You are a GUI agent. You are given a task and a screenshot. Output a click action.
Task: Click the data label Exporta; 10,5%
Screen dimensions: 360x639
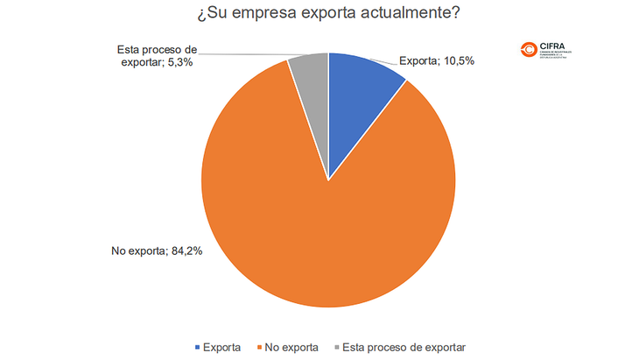point(437,61)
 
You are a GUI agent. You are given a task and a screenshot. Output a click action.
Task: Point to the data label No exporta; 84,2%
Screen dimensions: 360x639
point(157,251)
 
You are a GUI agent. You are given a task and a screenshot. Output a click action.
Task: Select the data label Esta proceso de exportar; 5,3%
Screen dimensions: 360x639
point(158,57)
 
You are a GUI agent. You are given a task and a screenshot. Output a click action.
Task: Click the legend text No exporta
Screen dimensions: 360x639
point(291,347)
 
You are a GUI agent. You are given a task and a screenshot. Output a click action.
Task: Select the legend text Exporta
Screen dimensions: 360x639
point(221,347)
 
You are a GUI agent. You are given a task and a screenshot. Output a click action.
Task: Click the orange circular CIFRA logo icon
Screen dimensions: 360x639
point(530,51)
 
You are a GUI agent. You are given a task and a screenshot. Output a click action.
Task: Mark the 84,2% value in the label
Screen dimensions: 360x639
point(189,251)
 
